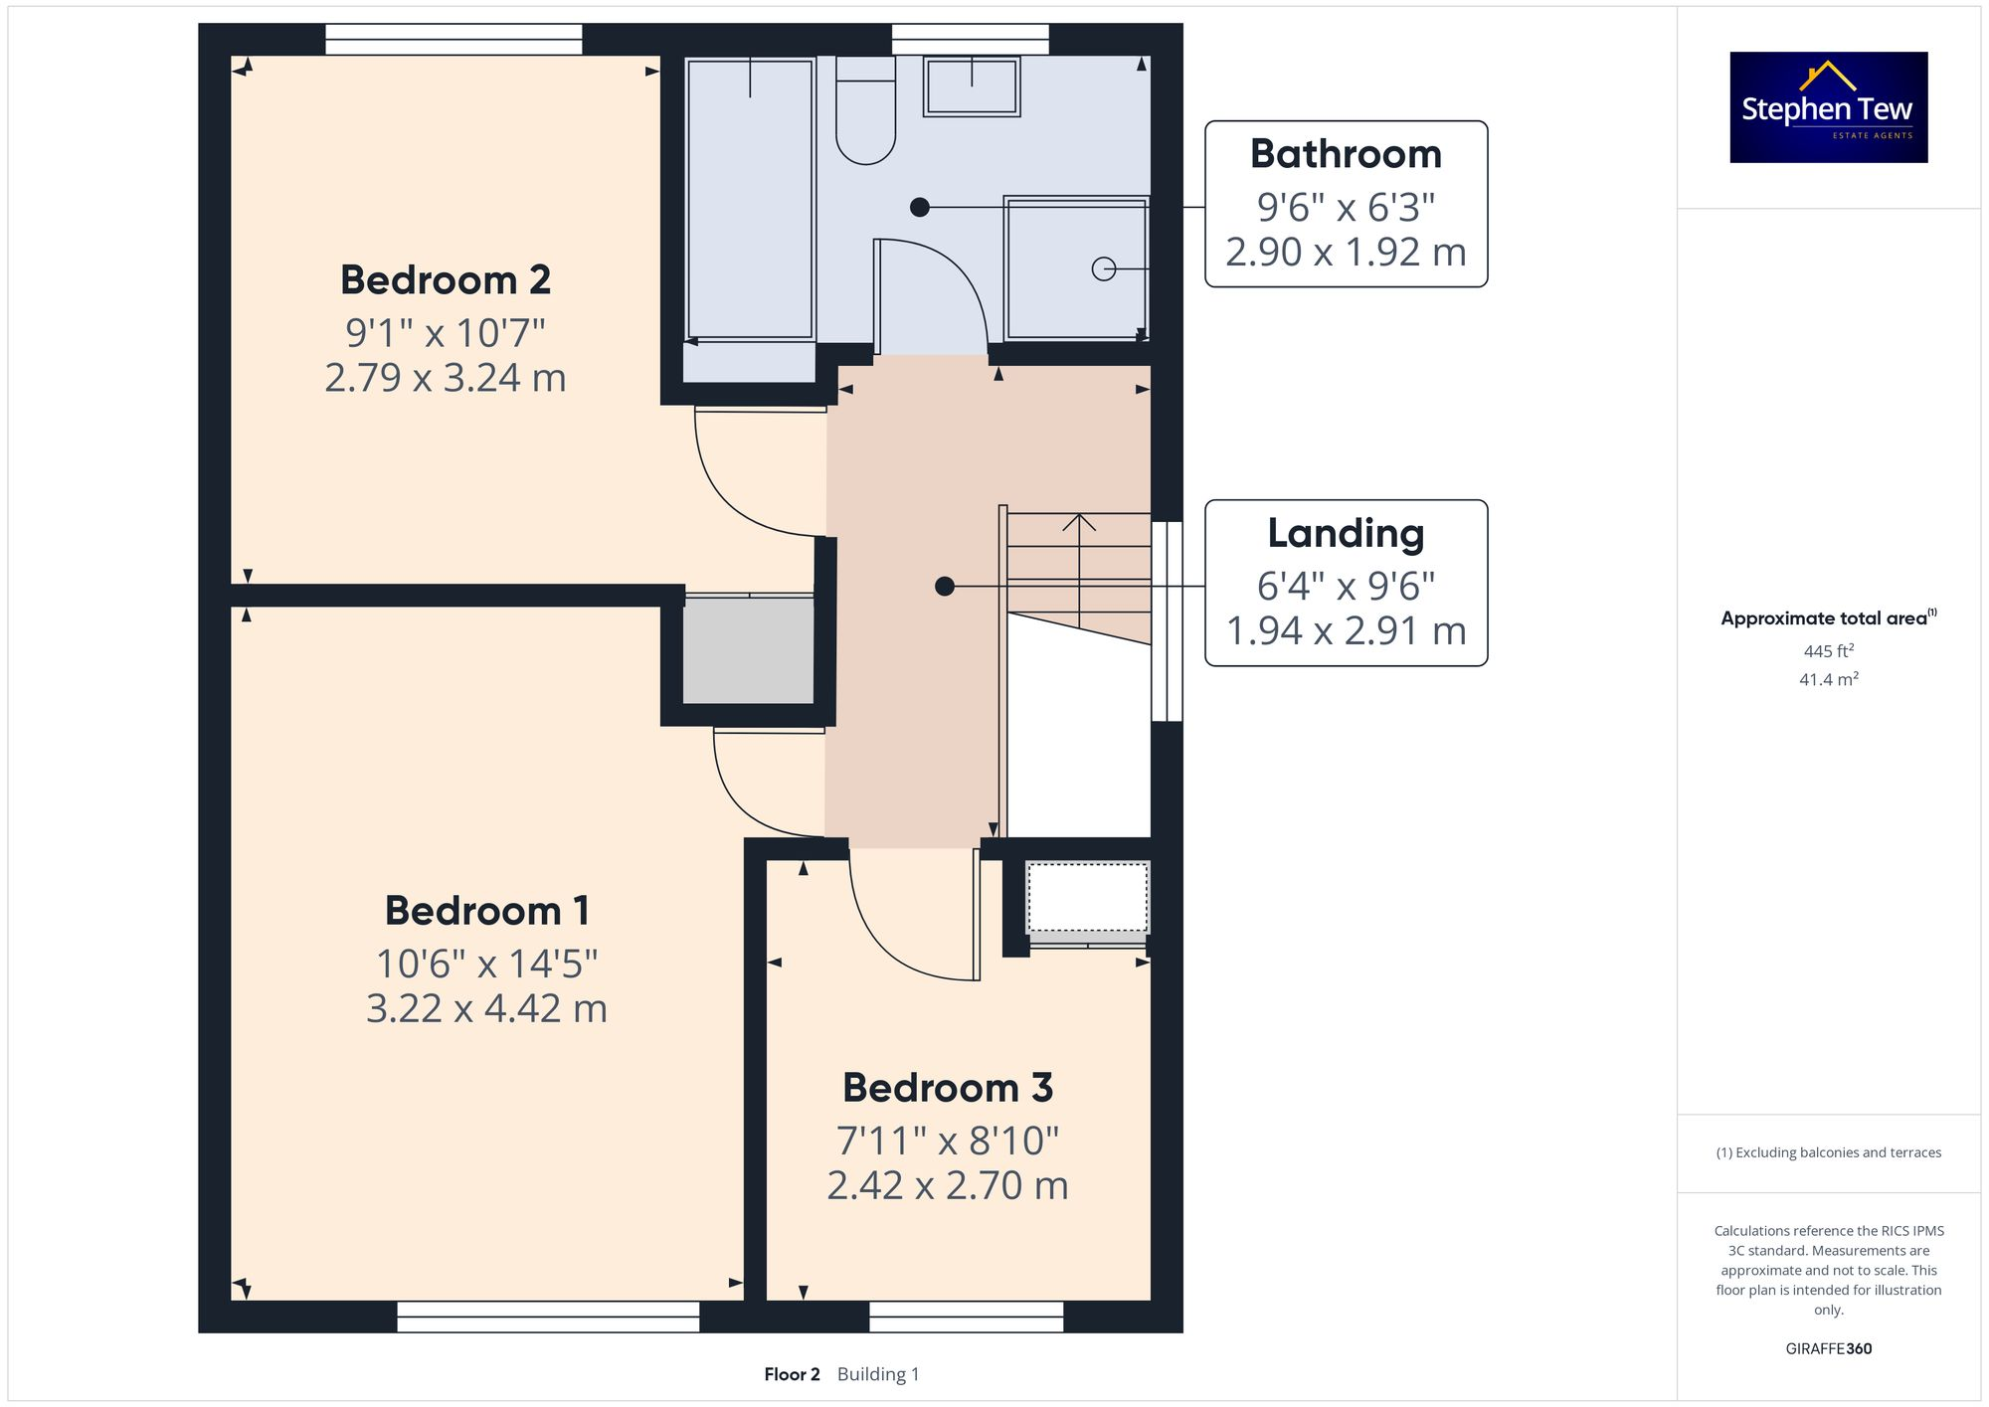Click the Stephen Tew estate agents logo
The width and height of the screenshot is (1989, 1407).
pos(1828,107)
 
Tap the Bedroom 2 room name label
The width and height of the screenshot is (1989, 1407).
pos(446,280)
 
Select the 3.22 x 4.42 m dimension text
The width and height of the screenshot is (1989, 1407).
pos(486,1008)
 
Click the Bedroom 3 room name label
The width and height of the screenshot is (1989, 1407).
pos(947,1088)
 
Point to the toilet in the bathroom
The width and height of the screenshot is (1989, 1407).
pos(865,114)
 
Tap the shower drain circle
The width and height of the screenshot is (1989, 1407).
pos(1103,268)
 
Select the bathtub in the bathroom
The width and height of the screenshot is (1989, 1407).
pos(750,199)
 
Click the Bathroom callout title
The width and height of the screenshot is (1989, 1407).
pos(1346,154)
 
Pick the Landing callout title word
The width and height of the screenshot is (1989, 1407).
pos(1346,534)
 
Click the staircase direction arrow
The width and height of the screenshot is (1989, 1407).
pos(1079,523)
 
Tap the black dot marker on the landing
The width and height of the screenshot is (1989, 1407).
pos(945,587)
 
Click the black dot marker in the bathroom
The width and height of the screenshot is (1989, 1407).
pos(920,207)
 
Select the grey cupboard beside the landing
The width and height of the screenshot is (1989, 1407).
pos(748,651)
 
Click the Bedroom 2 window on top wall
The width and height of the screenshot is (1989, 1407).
pos(453,40)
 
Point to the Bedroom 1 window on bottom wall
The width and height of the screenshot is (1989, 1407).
pos(548,1317)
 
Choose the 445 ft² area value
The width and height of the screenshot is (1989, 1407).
pos(1828,651)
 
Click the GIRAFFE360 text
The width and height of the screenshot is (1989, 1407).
pos(1828,1349)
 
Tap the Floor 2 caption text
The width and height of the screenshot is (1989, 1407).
pos(792,1374)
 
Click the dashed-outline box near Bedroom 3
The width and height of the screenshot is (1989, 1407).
pos(1087,897)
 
